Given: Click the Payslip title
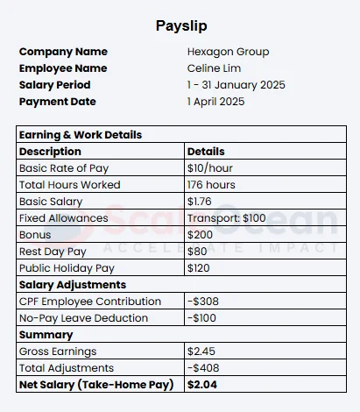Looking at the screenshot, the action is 181,25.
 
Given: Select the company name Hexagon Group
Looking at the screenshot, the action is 228,52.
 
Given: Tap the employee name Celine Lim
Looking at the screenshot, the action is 213,68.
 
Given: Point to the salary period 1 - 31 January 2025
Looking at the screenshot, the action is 236,85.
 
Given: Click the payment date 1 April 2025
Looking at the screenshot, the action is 215,102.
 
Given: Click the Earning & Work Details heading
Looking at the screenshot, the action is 80,135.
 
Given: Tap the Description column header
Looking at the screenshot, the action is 50,152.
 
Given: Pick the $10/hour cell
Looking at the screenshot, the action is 210,168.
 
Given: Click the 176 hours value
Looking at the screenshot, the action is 211,185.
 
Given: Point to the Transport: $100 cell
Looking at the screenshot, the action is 226,218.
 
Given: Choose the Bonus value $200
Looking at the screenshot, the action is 200,235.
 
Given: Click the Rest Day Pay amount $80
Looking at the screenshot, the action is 197,252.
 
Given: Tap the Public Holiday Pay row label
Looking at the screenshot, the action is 67,268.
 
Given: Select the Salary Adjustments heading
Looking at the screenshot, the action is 72,285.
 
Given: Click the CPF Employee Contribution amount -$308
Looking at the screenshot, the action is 203,302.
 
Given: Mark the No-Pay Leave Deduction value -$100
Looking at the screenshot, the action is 203,318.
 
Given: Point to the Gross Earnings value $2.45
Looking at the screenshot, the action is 201,352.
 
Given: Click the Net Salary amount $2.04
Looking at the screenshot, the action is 201,385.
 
